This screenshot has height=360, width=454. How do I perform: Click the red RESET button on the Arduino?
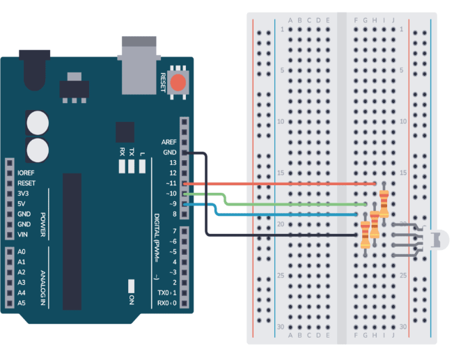pyautogui.click(x=178, y=83)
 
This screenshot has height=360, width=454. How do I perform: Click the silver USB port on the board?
pyautogui.click(x=138, y=65)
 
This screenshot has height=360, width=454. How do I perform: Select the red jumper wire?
pyautogui.click(x=279, y=183)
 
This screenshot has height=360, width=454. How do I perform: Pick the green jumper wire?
pyautogui.click(x=292, y=204)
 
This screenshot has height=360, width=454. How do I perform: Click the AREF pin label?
pyautogui.click(x=169, y=141)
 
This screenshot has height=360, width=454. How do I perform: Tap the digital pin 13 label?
pyautogui.click(x=173, y=162)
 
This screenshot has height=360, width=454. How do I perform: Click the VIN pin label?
pyautogui.click(x=24, y=235)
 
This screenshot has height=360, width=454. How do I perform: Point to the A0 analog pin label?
pyautogui.click(x=22, y=251)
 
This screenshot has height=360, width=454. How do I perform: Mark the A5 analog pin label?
pyautogui.click(x=22, y=303)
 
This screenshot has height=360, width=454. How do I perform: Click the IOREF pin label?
pyautogui.click(x=26, y=173)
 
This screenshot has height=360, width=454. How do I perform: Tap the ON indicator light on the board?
pyautogui.click(x=131, y=286)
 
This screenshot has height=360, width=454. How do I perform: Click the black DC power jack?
pyautogui.click(x=33, y=69)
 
